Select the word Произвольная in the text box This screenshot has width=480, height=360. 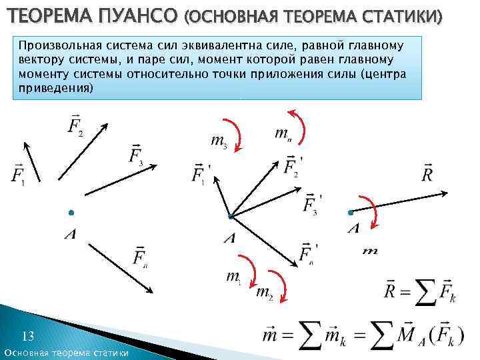59,46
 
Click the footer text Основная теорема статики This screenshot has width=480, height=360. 67,352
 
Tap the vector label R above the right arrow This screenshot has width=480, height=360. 428,174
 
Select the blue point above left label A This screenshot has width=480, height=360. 71,213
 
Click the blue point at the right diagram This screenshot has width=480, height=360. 350,213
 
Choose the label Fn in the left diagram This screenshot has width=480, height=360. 139,257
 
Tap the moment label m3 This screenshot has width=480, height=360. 219,141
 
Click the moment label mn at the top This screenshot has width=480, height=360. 283,133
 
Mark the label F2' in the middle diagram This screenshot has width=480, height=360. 292,165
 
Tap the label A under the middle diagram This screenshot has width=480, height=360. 229,238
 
